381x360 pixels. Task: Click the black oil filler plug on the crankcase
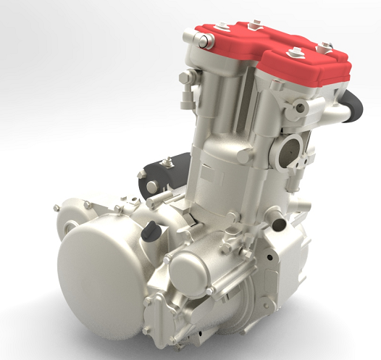151,230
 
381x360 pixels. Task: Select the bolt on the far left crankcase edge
56,209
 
